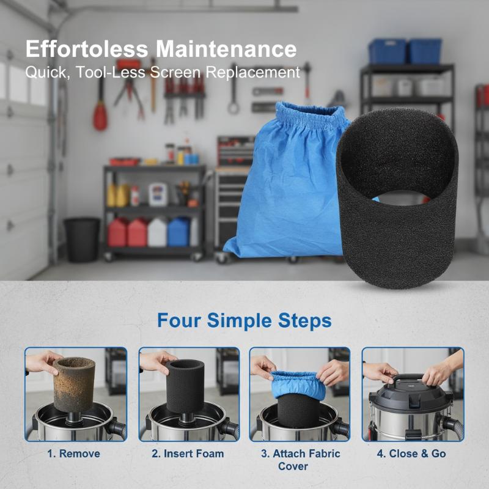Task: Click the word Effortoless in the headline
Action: coord(87,49)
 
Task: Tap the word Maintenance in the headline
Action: coord(226,49)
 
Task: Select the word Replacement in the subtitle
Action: coord(252,72)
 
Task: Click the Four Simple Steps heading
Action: coord(244,320)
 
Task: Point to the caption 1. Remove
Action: coord(73,454)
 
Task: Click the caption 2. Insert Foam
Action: coord(188,454)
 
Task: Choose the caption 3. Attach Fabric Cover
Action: coord(300,460)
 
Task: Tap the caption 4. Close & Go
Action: coord(411,454)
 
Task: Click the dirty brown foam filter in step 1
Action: coord(74,384)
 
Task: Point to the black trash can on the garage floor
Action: coord(82,240)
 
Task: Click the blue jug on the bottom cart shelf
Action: coord(178,232)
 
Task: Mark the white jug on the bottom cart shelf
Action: coord(158,232)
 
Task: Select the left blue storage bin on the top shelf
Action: coord(388,51)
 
